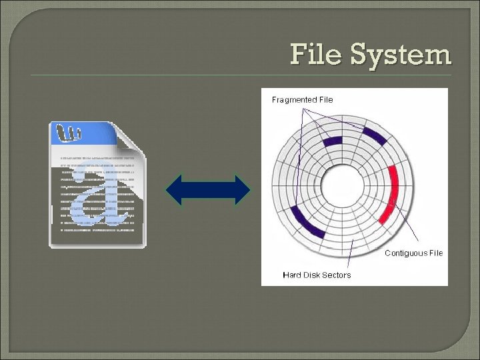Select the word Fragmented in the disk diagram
[294, 99]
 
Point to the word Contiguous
[405, 253]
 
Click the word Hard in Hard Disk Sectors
[292, 275]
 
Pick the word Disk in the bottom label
[313, 275]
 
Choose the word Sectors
[338, 275]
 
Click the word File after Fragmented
[326, 99]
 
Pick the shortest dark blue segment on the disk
[331, 141]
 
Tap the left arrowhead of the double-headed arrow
[174, 190]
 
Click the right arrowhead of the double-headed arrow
[242, 190]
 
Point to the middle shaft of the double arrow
[208, 190]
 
